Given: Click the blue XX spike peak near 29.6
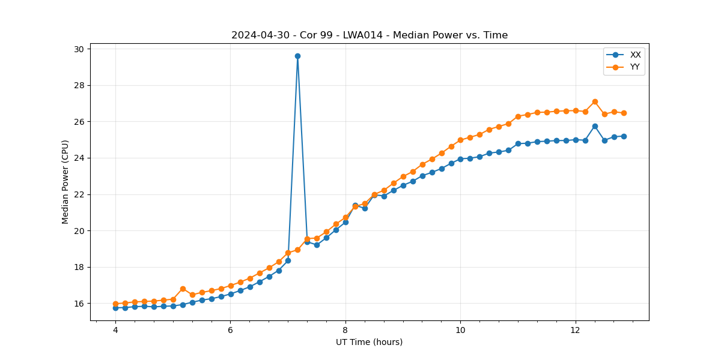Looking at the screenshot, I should point(297,56).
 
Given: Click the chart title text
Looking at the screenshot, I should point(370,35).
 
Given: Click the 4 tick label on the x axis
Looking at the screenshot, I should point(115,330).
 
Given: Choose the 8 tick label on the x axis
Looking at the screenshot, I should point(345,330).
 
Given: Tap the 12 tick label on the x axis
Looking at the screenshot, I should point(576,330).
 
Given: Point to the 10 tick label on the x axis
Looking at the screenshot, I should point(460,330).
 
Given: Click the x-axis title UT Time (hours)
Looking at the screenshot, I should point(369,342).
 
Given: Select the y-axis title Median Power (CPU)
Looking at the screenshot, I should point(65,182).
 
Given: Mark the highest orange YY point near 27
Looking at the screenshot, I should point(595,102).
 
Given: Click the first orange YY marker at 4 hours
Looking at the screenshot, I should point(115,304).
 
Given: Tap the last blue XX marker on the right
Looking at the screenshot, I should point(624,136).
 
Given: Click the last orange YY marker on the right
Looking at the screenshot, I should point(624,113).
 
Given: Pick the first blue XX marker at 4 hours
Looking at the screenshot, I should point(115,308).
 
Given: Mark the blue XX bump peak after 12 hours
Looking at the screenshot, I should point(595,126).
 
